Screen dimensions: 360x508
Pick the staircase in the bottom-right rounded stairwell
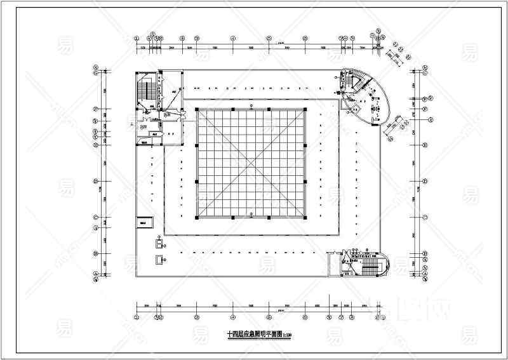click(x=371, y=262)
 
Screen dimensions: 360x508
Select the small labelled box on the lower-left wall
click(x=145, y=223)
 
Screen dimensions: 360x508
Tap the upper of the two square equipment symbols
click(x=157, y=242)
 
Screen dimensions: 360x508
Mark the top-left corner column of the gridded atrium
click(x=197, y=110)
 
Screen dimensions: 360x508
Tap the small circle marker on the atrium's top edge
click(x=251, y=105)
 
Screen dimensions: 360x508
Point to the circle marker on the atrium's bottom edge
click(x=251, y=214)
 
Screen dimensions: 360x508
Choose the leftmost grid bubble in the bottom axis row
click(x=138, y=317)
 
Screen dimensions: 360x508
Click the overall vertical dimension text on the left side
click(x=98, y=189)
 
